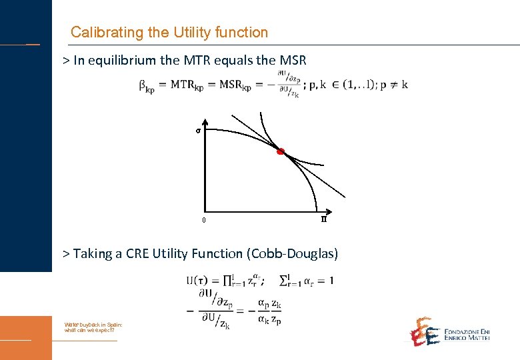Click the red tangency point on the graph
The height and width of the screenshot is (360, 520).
(281, 152)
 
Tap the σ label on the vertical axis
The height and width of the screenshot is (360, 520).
(198, 131)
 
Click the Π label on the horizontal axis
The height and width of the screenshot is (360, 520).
(324, 219)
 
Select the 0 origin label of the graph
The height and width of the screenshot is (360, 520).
(204, 221)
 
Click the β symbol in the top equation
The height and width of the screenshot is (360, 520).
(143, 85)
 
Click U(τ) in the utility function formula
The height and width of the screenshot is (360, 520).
(197, 280)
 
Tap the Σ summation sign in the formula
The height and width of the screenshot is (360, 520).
(283, 280)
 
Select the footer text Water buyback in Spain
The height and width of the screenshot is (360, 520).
(93, 324)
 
